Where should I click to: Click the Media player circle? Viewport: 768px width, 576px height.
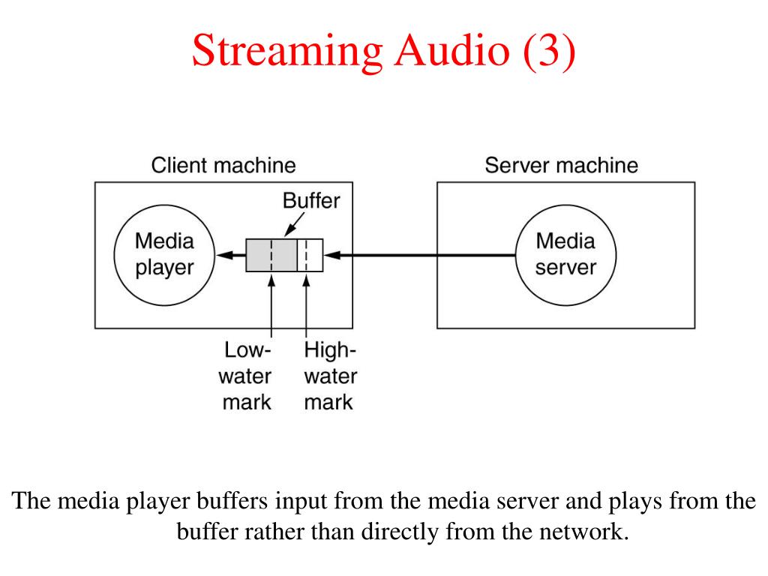point(164,255)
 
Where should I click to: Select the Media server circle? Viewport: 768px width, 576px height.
point(566,255)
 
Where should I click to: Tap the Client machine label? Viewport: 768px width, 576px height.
point(223,165)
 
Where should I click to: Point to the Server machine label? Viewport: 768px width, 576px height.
point(561,165)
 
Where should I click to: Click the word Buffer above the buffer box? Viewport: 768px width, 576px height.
point(310,201)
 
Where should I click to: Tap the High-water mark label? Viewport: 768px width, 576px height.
point(330,376)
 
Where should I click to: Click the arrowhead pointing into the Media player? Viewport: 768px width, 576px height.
point(224,255)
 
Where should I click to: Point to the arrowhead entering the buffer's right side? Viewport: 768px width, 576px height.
point(331,255)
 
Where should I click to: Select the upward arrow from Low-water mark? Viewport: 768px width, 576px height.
point(271,307)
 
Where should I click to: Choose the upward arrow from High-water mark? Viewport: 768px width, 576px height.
point(306,307)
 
